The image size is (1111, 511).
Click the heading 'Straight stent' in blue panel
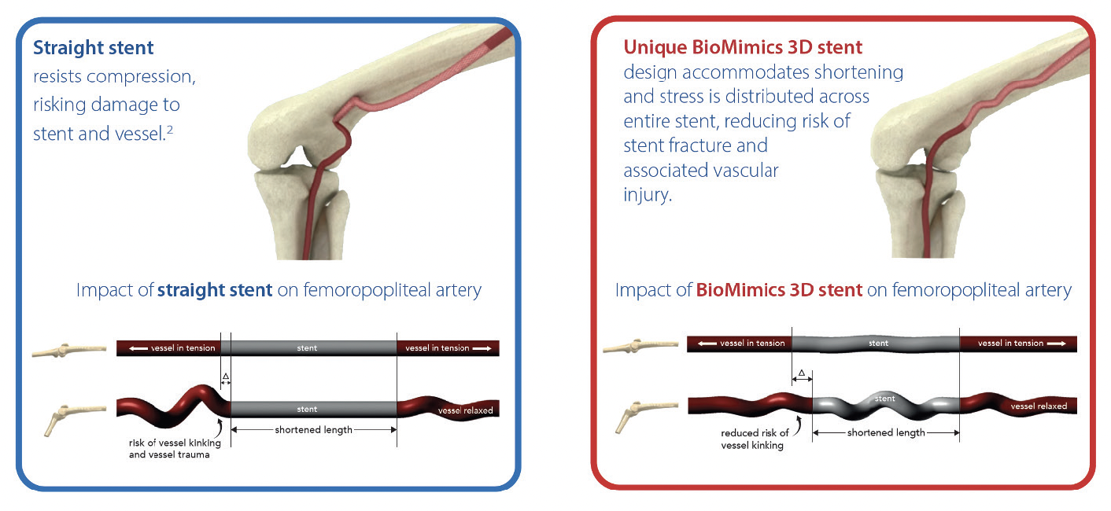(94, 48)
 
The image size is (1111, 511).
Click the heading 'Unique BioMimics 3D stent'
(743, 47)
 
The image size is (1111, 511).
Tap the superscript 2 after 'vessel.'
(169, 129)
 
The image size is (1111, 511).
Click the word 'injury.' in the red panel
(648, 195)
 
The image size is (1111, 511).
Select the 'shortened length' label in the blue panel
(313, 430)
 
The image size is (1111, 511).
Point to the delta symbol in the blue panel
(225, 377)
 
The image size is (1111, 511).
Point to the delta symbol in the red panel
(801, 373)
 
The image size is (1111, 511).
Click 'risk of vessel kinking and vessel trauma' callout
(169, 449)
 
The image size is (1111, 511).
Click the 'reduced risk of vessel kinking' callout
(755, 439)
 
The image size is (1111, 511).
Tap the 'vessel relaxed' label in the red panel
(1039, 406)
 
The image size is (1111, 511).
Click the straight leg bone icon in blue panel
(68, 351)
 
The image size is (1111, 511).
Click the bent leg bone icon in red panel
(639, 413)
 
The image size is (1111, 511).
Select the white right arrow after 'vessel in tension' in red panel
(1056, 344)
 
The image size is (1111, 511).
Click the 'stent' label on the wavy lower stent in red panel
(885, 399)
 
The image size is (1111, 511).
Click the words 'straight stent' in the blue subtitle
(215, 290)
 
